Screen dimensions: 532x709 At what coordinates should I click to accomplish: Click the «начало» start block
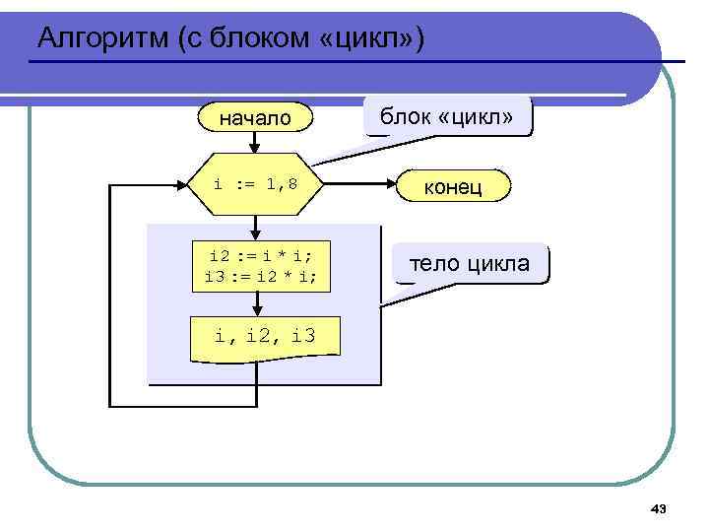click(x=255, y=118)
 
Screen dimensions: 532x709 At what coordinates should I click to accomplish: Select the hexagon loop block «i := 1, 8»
click(x=256, y=185)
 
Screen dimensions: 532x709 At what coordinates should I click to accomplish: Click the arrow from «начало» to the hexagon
click(x=255, y=143)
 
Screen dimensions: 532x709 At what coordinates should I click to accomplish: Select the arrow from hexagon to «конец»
click(x=359, y=185)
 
